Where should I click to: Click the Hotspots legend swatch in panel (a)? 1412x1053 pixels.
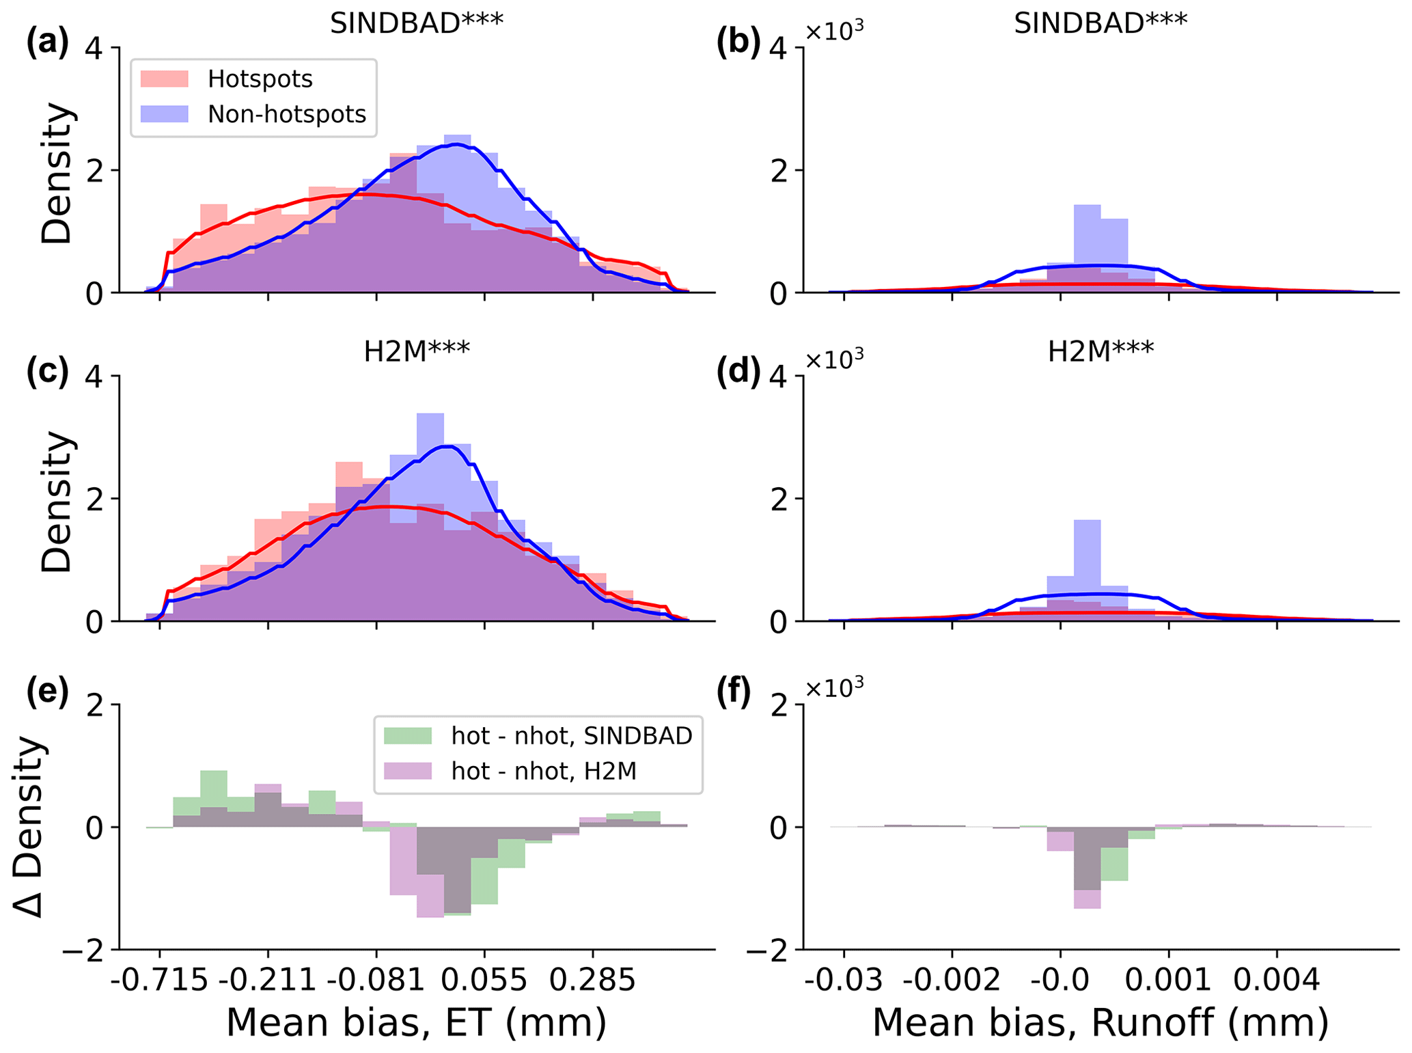pyautogui.click(x=164, y=79)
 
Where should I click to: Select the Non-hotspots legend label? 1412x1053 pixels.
pyautogui.click(x=287, y=114)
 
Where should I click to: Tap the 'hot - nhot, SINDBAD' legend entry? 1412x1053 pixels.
pyautogui.click(x=571, y=735)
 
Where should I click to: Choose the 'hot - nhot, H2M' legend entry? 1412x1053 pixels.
pyautogui.click(x=543, y=771)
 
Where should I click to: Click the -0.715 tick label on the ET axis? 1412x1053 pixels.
pyautogui.click(x=159, y=981)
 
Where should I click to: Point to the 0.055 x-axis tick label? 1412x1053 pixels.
pyautogui.click(x=484, y=981)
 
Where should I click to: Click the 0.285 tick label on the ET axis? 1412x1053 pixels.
pyautogui.click(x=592, y=981)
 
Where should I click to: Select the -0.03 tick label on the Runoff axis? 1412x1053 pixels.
pyautogui.click(x=843, y=981)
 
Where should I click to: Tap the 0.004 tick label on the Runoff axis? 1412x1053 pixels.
pyautogui.click(x=1277, y=981)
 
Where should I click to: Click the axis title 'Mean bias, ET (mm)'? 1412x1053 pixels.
pyautogui.click(x=416, y=1023)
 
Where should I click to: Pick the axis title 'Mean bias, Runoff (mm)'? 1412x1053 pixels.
pyautogui.click(x=1100, y=1023)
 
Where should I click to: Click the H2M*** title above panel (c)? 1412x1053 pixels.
pyautogui.click(x=416, y=352)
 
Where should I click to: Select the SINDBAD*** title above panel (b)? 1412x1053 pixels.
pyautogui.click(x=1100, y=24)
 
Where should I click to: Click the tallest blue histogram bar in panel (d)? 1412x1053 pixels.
pyautogui.click(x=1087, y=571)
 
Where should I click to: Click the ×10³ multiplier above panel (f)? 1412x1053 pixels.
pyautogui.click(x=834, y=687)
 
